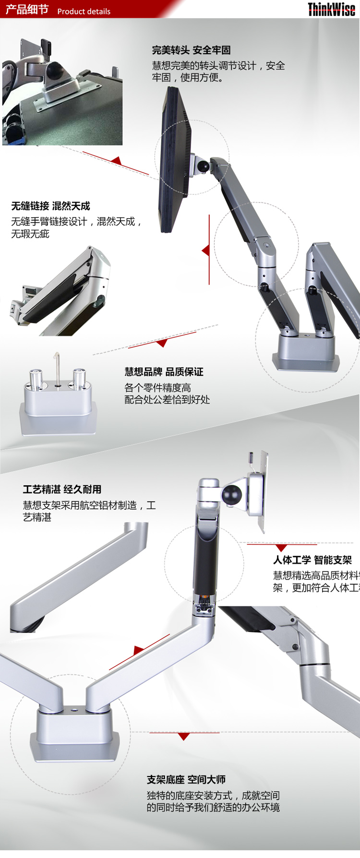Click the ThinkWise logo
[x=331, y=10]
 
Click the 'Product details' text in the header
[x=84, y=12]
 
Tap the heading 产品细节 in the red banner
[x=27, y=10]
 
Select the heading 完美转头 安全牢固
[x=191, y=50]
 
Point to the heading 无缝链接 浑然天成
[x=50, y=206]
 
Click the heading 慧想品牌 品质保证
[x=164, y=371]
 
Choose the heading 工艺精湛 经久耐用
[x=62, y=489]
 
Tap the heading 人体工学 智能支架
[x=312, y=560]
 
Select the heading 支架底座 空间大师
[x=186, y=779]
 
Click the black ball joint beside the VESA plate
[x=231, y=495]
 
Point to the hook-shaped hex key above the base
[x=57, y=368]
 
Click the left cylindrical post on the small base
[x=37, y=380]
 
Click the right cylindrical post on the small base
[x=79, y=379]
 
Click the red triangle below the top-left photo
[x=116, y=161]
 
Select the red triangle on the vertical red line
[x=206, y=250]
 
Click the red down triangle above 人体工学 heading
[x=282, y=548]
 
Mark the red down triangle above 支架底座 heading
[x=184, y=737]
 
